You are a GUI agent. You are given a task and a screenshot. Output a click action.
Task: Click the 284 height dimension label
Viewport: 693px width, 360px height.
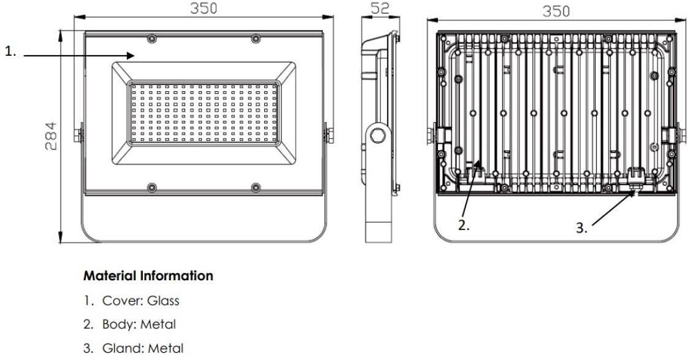point(51,136)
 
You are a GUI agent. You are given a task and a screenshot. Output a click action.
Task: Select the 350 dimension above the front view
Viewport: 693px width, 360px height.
point(204,8)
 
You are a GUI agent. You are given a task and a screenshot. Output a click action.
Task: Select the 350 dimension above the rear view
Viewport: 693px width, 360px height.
point(556,11)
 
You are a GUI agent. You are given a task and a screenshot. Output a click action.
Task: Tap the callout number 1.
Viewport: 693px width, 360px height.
point(10,52)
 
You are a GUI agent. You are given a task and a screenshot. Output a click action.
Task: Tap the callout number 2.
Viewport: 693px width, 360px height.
point(464,225)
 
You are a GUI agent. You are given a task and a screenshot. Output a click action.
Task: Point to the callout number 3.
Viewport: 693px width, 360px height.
point(581,228)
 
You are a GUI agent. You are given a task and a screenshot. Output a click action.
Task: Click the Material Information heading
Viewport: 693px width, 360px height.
point(148,275)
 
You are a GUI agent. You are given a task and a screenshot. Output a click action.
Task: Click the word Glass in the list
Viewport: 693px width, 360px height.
point(163,301)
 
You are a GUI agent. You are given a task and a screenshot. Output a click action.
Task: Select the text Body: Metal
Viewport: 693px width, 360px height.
point(139,324)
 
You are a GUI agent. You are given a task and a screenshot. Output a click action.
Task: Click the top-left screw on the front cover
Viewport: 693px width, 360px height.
point(152,39)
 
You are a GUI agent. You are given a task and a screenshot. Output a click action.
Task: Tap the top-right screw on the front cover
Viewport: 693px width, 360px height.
point(256,39)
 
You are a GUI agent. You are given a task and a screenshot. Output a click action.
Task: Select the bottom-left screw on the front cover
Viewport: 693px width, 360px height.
point(152,188)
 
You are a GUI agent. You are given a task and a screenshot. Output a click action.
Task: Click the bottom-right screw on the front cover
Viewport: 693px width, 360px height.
point(256,188)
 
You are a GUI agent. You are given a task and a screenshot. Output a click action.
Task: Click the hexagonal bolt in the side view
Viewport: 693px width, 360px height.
point(378,135)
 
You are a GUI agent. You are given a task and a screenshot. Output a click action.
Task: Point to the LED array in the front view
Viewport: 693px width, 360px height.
point(204,113)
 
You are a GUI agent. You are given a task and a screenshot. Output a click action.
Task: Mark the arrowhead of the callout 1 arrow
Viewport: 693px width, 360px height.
point(131,55)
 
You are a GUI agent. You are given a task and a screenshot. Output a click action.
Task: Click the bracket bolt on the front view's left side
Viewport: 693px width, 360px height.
point(78,135)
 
